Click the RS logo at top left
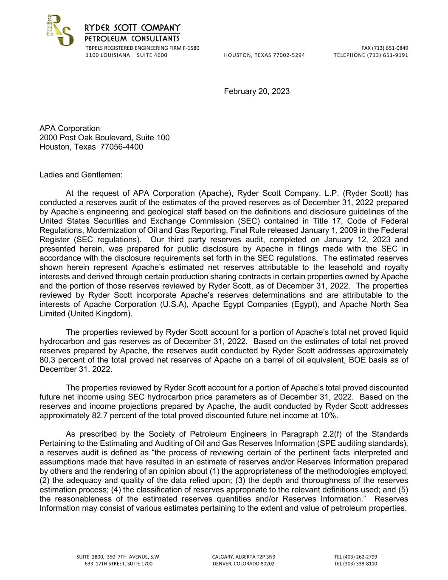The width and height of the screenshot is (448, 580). pyautogui.click(x=59, y=30)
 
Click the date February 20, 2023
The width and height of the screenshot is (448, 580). pyautogui.click(x=256, y=91)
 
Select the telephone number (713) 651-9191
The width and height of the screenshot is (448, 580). pyautogui.click(x=387, y=55)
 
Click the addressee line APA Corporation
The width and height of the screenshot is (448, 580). pyautogui.click(x=70, y=128)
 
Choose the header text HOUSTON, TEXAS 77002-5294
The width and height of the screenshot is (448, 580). pyautogui.click(x=264, y=55)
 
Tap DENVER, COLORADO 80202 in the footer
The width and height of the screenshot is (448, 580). pyautogui.click(x=243, y=564)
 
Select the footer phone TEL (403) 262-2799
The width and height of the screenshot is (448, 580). pyautogui.click(x=355, y=557)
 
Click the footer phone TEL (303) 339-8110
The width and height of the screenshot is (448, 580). pyautogui.click(x=355, y=564)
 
